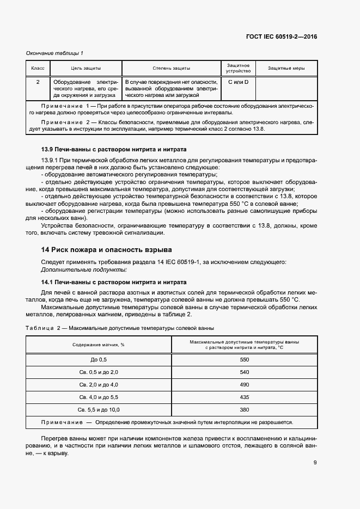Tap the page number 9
pos(315,463)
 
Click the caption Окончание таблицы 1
pos(54,53)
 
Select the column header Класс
pos(38,68)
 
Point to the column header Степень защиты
pos(171,68)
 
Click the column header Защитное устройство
pos(238,68)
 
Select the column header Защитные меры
pos(286,68)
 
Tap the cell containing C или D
pos(238,82)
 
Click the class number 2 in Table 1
pos(38,82)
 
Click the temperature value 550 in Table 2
pos(244,360)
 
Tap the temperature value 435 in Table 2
pos(244,397)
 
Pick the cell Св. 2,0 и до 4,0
pos(99,385)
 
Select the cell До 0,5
pos(99,360)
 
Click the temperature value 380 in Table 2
pos(244,410)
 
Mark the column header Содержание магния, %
pos(99,345)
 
